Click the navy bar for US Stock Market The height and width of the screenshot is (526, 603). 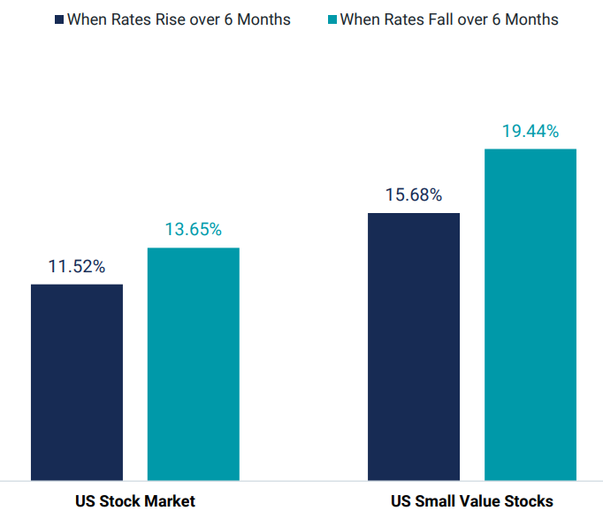77,382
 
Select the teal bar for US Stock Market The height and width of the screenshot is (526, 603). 193,363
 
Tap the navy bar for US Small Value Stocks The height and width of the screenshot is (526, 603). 414,347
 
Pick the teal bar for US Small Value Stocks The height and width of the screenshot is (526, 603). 530,314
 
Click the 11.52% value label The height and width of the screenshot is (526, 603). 77,266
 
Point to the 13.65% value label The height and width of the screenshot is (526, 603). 193,230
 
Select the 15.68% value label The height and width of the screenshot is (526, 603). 414,195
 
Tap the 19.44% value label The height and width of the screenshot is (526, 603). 530,132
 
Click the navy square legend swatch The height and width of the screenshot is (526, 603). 59,19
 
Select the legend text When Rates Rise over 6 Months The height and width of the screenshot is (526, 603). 179,19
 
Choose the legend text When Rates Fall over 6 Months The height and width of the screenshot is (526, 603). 449,19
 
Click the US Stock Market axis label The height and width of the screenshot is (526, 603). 135,501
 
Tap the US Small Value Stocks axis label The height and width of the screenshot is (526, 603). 472,501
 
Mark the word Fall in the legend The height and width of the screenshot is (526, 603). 431,19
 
